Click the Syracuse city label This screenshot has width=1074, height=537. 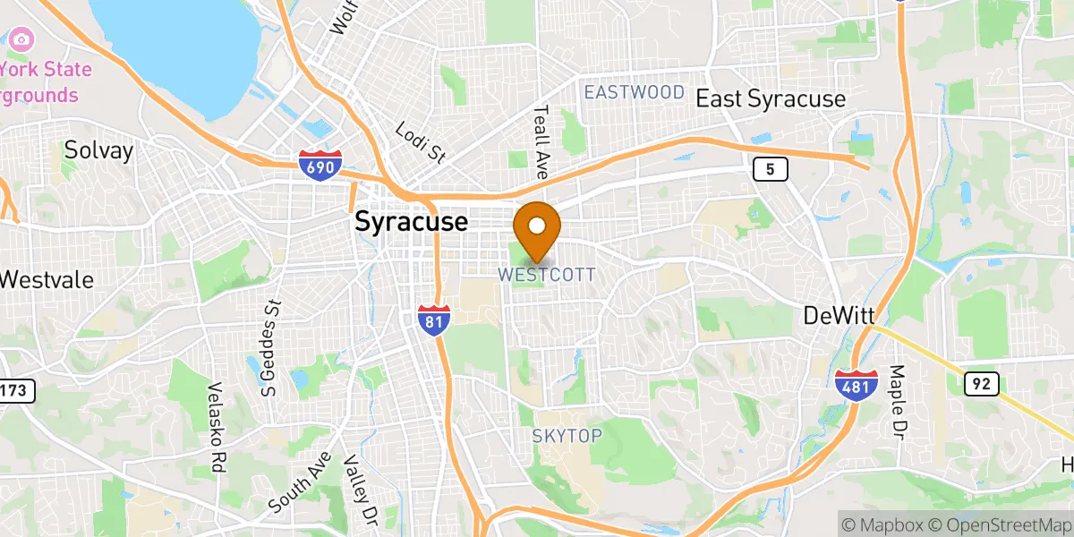(411, 221)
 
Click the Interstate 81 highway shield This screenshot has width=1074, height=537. (434, 320)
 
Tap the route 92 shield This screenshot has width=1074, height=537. (981, 383)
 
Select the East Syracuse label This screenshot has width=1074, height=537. (771, 98)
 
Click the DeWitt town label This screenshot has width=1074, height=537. (839, 315)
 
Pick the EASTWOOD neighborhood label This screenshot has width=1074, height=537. (634, 92)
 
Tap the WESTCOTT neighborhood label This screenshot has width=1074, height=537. (546, 275)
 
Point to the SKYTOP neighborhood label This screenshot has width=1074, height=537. (567, 435)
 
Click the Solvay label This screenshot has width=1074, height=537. (98, 150)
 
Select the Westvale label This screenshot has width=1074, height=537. (47, 279)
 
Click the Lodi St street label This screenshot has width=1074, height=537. (421, 142)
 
